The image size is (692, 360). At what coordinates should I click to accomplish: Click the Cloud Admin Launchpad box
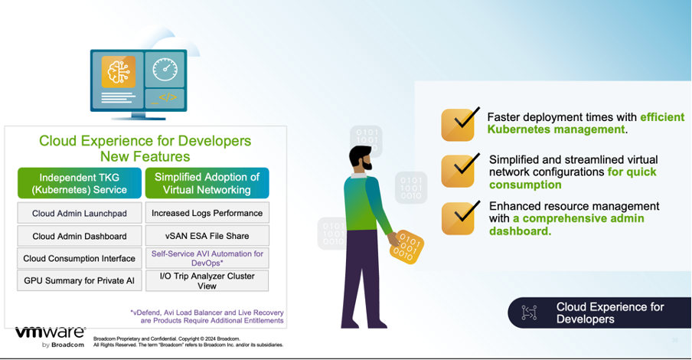tap(79, 214)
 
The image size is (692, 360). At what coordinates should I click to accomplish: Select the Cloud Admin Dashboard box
tap(79, 236)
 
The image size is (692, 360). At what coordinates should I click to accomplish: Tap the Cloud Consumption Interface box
tap(79, 258)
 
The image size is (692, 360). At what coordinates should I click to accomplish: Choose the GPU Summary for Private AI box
tap(79, 280)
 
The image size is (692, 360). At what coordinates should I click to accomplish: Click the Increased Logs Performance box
tap(207, 213)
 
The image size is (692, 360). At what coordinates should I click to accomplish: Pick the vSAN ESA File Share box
tap(207, 236)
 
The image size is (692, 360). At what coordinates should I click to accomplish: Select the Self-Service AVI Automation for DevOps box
tap(207, 257)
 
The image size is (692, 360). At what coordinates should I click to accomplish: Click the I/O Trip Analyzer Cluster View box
tap(207, 280)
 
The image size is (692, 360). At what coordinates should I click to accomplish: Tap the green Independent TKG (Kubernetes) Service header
tap(79, 183)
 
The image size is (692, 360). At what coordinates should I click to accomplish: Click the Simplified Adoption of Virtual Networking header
tap(207, 183)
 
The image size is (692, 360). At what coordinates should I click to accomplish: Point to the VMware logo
tap(50, 335)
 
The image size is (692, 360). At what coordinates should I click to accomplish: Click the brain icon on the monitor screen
tap(119, 71)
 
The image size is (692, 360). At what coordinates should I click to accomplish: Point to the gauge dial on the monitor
tap(165, 70)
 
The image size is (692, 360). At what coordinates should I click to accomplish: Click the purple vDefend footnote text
tap(206, 317)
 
